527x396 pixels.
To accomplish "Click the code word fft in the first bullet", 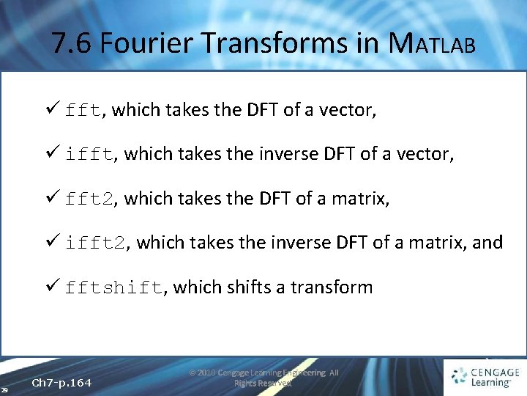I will [x=83, y=111].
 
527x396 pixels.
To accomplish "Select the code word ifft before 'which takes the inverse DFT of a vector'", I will [x=89, y=155].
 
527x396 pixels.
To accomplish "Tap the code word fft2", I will [x=89, y=199].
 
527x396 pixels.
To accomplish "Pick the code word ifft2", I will [x=94, y=243].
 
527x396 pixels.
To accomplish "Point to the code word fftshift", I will [x=113, y=287].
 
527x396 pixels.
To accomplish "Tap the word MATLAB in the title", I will [x=432, y=44].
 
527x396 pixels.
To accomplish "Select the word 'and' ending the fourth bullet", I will [x=487, y=242].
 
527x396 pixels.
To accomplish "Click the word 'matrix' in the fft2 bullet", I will [x=358, y=198].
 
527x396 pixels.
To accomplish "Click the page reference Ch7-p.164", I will [x=62, y=384].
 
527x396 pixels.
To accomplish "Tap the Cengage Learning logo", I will [x=485, y=375].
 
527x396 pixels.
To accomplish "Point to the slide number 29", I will [x=4, y=389].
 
